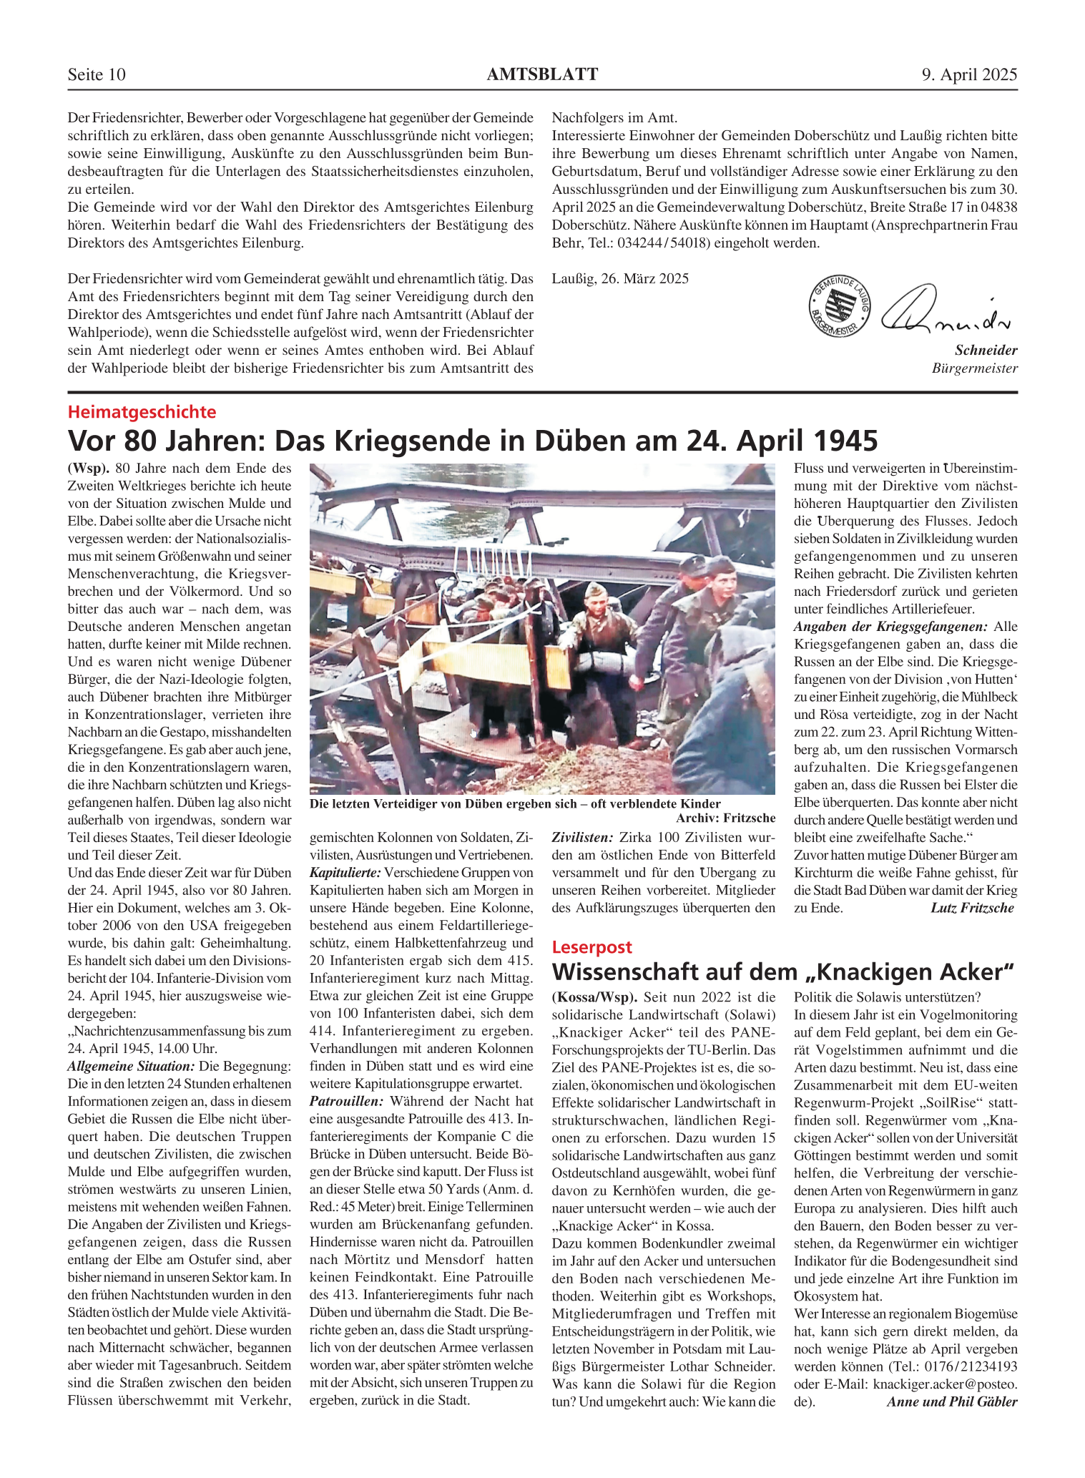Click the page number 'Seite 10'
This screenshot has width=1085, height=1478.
[97, 74]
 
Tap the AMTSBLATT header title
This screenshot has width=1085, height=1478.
[542, 74]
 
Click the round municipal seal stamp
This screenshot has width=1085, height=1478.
[840, 306]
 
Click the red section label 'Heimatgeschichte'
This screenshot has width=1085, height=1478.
[142, 412]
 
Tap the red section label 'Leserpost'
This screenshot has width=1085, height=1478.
[591, 947]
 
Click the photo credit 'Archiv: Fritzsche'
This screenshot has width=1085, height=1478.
[725, 818]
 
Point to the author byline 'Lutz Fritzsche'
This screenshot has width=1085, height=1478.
[972, 909]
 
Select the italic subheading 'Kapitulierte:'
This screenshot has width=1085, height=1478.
[345, 873]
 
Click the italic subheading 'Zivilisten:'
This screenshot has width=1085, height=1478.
[582, 838]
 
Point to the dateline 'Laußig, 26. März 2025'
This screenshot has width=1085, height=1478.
[620, 279]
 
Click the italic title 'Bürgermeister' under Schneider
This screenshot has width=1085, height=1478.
[974, 368]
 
